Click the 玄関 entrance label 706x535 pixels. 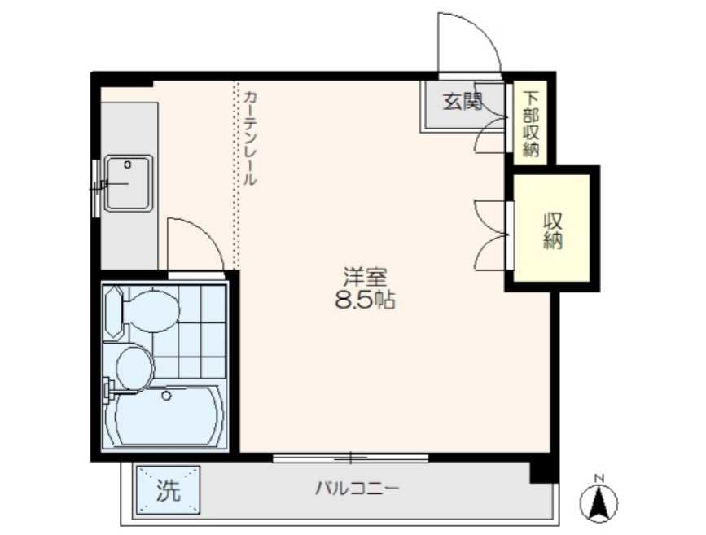point(463,103)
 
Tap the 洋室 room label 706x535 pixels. point(364,276)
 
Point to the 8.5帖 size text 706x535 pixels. point(364,301)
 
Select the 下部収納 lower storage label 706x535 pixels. point(531,121)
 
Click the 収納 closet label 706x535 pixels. point(553,230)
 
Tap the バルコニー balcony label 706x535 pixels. point(357,489)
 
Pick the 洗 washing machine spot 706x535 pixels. point(167,490)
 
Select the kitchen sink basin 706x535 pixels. point(128,182)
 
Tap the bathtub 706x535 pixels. point(169,416)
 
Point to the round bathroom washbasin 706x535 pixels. point(134,366)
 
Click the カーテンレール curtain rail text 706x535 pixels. point(249,138)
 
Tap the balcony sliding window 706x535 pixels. point(350,458)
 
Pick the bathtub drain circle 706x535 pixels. point(166,397)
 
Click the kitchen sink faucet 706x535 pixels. point(102,185)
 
